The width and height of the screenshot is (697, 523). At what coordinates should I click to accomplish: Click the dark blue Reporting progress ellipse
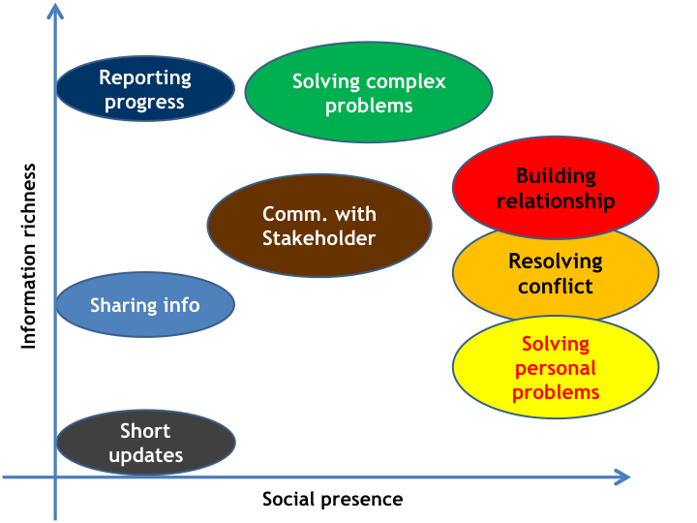pos(145,88)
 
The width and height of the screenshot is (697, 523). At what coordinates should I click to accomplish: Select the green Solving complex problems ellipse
pos(369,93)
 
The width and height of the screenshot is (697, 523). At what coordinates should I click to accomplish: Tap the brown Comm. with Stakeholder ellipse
pos(319,226)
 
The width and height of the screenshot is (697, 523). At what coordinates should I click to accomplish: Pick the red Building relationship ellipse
pos(556,188)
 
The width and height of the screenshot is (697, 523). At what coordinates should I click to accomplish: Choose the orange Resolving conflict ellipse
pos(556,273)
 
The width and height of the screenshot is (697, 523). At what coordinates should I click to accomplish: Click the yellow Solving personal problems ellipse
pos(556,367)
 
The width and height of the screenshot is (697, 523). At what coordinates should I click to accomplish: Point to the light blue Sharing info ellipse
pos(145,305)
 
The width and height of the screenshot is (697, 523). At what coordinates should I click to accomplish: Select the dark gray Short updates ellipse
pos(146,443)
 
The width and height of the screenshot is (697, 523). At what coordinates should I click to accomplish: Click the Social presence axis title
pos(332,499)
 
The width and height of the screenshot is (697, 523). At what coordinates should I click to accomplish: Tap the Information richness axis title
pos(28,256)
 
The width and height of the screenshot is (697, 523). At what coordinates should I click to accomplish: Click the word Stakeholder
pos(319,238)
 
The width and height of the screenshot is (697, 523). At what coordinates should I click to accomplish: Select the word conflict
pos(556,286)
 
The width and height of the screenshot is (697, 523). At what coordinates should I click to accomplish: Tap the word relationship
pos(556,201)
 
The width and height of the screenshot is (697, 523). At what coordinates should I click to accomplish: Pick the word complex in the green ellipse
pos(407,82)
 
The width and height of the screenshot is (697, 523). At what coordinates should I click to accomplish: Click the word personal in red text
pos(556,369)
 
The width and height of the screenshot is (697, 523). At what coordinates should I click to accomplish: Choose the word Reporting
pos(145,78)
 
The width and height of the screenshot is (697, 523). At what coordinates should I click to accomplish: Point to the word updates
pos(146,456)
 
